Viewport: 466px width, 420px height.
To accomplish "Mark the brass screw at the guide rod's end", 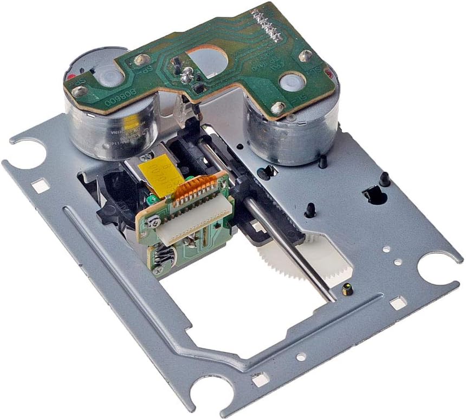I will [347, 290].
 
